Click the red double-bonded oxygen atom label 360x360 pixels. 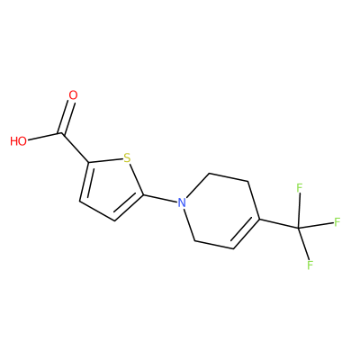[73, 95]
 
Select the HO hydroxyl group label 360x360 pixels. [18, 141]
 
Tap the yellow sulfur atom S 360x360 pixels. [127, 157]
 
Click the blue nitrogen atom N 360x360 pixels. [182, 202]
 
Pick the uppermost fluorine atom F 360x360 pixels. [299, 188]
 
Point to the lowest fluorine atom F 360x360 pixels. [310, 265]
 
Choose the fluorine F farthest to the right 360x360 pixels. [337, 222]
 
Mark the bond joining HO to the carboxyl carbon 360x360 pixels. [45, 137]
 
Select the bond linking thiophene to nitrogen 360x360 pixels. [159, 199]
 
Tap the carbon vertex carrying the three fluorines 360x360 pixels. [298, 229]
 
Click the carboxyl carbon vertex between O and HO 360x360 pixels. [62, 133]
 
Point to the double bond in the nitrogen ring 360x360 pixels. [246, 234]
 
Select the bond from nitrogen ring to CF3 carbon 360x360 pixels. [279, 224]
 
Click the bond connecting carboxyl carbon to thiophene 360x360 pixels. [75, 148]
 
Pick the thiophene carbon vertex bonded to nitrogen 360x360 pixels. [143, 194]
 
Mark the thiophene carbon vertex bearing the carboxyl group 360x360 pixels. [88, 163]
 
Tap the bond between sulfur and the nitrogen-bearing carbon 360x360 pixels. [137, 179]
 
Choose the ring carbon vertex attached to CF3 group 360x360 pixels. [259, 219]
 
